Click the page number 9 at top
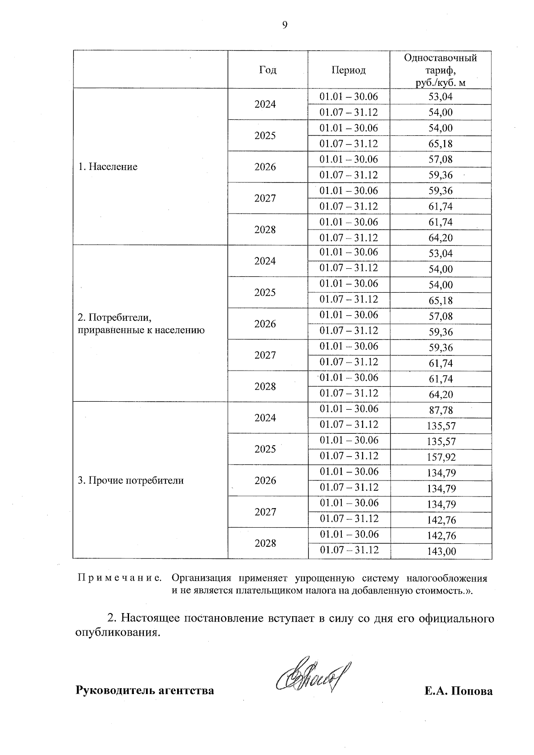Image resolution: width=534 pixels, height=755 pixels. (285, 25)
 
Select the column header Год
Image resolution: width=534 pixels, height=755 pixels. (267, 70)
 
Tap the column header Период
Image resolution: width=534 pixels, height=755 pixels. (348, 70)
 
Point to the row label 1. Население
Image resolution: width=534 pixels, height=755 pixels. (108, 167)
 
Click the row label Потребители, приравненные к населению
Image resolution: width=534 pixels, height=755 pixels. (141, 324)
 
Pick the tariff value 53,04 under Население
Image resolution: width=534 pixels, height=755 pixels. (441, 97)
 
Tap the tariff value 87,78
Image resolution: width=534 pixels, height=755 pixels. (441, 410)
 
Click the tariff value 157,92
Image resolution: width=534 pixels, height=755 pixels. (441, 457)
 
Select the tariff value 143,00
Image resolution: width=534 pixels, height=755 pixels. (441, 552)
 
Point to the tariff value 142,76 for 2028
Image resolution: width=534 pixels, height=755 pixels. (441, 536)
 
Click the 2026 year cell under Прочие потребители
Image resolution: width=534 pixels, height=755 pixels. (265, 480)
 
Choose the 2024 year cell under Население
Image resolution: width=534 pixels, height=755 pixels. (265, 104)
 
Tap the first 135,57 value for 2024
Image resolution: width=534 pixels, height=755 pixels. (441, 426)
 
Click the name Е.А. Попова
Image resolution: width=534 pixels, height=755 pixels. (458, 691)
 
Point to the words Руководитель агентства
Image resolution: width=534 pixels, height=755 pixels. (145, 690)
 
